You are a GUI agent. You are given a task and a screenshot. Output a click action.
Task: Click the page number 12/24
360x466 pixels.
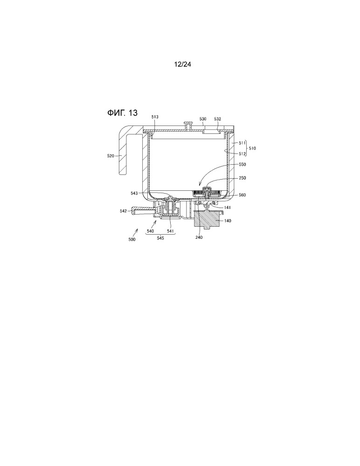point(182,64)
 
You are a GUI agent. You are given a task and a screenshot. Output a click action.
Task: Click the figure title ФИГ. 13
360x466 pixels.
point(122,113)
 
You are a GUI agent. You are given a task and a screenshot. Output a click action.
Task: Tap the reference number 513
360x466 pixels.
point(155,117)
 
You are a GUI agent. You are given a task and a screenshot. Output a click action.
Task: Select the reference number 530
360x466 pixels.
point(203,119)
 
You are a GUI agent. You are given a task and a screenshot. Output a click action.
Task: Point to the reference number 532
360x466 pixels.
point(217,119)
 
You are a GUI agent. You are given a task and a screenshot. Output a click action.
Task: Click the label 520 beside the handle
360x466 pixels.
point(111,156)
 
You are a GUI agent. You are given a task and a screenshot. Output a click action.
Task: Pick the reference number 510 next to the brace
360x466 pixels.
point(252,148)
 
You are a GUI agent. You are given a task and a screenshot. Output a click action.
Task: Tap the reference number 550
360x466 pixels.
point(242,164)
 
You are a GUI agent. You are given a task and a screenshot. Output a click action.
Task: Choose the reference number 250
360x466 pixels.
point(242,178)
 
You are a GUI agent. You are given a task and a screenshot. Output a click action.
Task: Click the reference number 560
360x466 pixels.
point(242,195)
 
